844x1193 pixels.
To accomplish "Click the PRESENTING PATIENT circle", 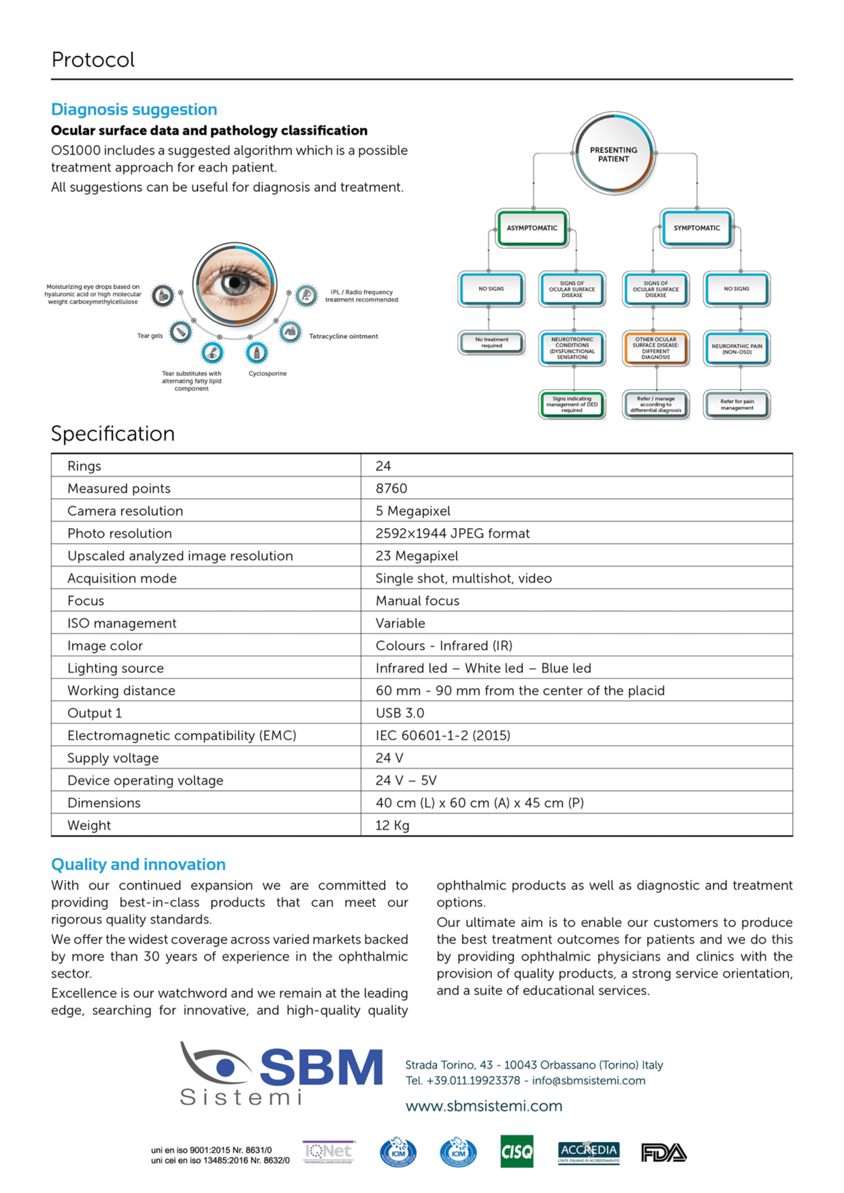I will [x=613, y=154].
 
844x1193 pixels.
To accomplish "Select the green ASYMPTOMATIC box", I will [x=532, y=228].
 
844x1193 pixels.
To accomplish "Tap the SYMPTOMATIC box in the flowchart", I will [x=696, y=228].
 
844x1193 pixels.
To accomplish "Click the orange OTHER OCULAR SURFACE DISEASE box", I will [x=655, y=348].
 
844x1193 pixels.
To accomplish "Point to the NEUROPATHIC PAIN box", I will [x=737, y=349].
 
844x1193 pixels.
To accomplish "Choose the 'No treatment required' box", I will [x=491, y=343].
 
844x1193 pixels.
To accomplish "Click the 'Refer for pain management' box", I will [x=737, y=404].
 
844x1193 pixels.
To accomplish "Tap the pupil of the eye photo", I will [x=235, y=283].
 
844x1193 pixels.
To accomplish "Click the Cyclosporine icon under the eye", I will [x=256, y=352].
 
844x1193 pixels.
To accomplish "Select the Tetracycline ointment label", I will [x=343, y=336].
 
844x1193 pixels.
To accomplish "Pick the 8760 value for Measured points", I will [x=391, y=488].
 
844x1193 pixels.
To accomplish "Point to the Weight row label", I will [x=89, y=825].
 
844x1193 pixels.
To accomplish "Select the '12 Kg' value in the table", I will [x=392, y=825].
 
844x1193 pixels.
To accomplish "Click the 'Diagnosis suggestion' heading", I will [x=134, y=109].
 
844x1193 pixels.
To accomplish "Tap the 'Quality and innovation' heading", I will [x=138, y=864].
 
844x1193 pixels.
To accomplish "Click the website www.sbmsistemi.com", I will [x=484, y=1106].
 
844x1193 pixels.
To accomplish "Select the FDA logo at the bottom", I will [x=664, y=1153].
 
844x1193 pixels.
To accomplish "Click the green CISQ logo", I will [x=516, y=1152].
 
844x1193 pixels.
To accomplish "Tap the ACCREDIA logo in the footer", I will [x=588, y=1152].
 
